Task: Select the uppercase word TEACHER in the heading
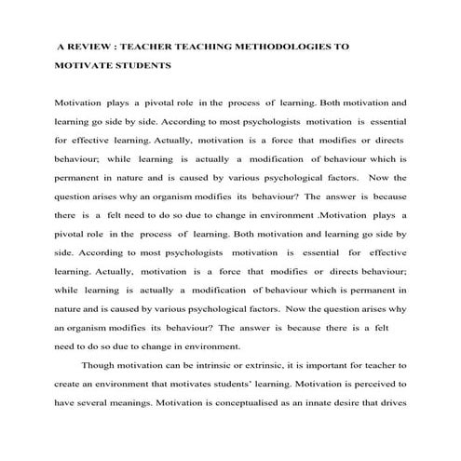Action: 148,45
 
